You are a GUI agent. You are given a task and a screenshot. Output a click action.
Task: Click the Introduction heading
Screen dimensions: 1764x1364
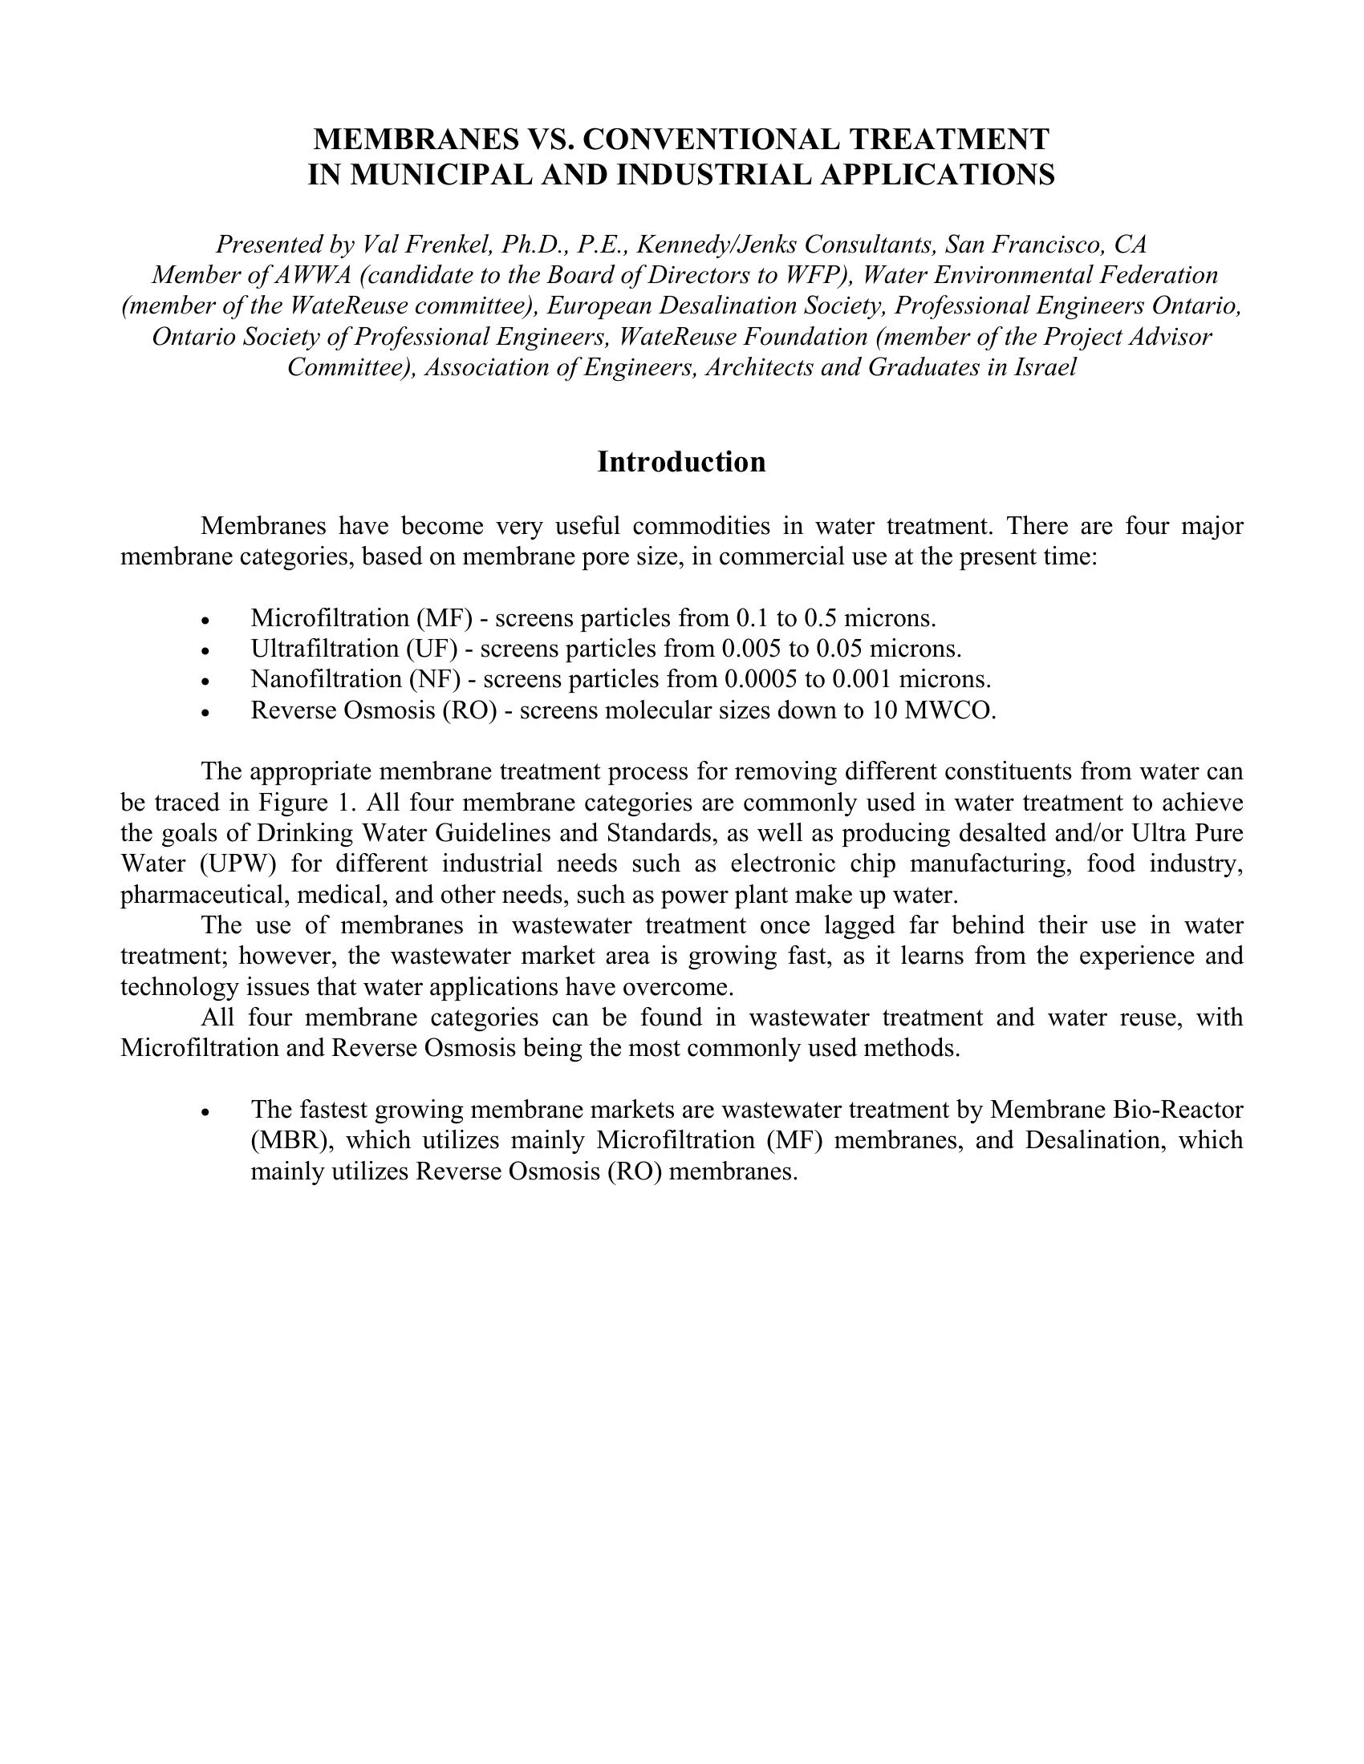click(681, 462)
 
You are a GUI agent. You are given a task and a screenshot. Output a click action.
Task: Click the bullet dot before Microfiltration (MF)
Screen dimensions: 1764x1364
click(207, 621)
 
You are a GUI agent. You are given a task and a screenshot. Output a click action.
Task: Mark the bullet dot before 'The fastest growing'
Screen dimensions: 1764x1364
click(207, 1112)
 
